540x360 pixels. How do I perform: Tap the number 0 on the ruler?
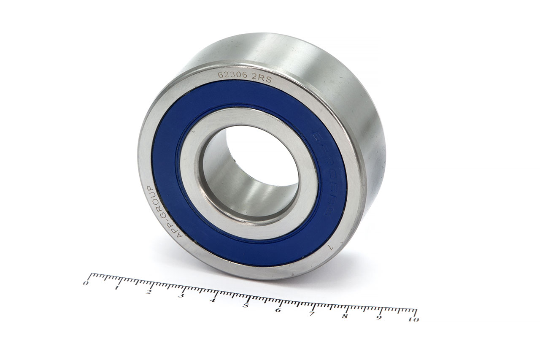pos(86,283)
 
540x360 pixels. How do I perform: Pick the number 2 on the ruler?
pos(148,292)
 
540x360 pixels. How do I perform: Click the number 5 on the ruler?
pos(245,305)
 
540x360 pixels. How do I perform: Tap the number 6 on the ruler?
pos(278,310)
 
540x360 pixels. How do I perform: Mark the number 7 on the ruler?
pos(311,314)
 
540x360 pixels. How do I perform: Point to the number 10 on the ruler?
pos(414,319)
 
